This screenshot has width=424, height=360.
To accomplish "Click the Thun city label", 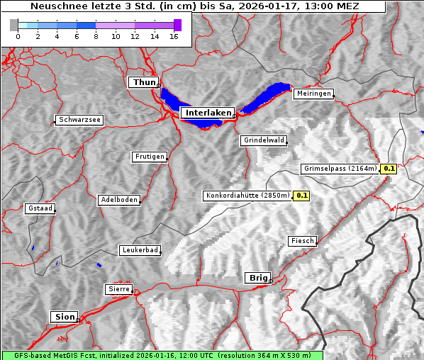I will [x=144, y=83].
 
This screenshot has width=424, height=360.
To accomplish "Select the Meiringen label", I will [x=313, y=94].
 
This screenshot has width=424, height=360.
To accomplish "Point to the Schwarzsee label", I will [x=79, y=120].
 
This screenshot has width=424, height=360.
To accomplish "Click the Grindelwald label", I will [x=264, y=140].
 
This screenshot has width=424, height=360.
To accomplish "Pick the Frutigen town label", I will [x=149, y=157].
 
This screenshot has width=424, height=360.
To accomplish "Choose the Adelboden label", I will [x=118, y=200].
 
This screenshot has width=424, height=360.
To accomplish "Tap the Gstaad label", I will [x=40, y=208].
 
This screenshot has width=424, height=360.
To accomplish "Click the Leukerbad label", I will [x=139, y=250].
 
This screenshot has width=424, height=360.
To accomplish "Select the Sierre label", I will [x=118, y=289].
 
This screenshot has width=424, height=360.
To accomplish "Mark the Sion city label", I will [x=64, y=317].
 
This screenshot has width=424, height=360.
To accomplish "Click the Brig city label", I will [x=257, y=278].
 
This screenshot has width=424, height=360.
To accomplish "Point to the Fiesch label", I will [x=301, y=241].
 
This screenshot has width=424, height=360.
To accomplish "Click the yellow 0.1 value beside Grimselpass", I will [x=389, y=169].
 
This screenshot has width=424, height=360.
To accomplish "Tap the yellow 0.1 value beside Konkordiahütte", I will [x=302, y=195].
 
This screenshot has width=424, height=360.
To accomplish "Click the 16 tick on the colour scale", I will [x=173, y=36].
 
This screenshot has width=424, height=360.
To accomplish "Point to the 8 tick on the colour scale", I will [x=95, y=36].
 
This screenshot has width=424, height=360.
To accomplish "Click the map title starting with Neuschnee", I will [x=194, y=6].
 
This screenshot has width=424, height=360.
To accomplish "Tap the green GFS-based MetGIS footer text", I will [x=162, y=355].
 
